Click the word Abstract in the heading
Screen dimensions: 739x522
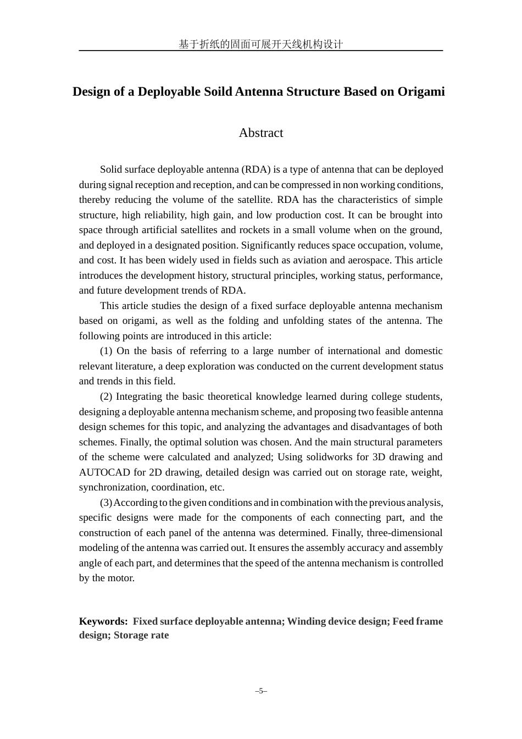coord(260,133)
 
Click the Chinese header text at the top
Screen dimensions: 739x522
coord(260,45)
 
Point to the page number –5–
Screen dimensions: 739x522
coord(260,691)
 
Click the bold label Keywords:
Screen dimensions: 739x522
coord(103,621)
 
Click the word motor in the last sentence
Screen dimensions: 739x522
coord(121,578)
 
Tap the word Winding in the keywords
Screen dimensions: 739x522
coord(307,621)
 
